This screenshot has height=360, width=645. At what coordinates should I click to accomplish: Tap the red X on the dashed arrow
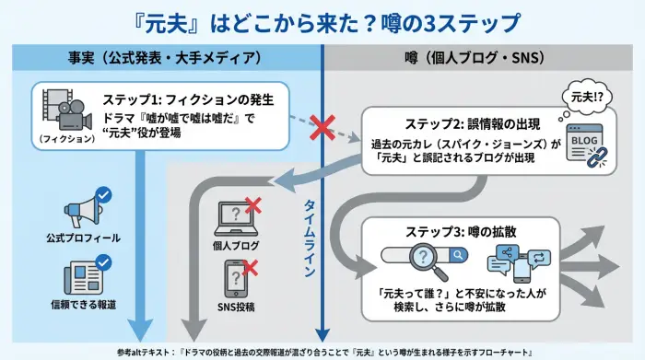click(x=321, y=128)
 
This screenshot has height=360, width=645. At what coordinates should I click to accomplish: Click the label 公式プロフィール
click(x=84, y=238)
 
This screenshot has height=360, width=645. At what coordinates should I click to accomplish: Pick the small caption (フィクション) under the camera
click(x=65, y=139)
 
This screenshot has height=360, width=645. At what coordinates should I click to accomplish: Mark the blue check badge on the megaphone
click(x=103, y=194)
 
